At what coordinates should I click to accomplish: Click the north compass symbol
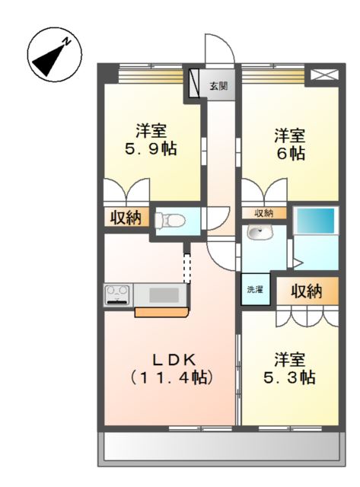[x=55, y=55]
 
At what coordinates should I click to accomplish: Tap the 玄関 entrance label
[x=218, y=86]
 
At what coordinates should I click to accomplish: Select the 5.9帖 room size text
[x=151, y=149]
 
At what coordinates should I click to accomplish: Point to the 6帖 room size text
[x=291, y=153]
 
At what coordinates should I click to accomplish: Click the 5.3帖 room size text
[x=289, y=377]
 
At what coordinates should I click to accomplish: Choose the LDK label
[x=174, y=360]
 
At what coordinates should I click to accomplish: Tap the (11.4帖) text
[x=171, y=377]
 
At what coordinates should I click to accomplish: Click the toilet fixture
[x=170, y=221]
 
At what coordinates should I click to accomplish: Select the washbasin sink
[x=260, y=232]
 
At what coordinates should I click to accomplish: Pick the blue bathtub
[x=316, y=221]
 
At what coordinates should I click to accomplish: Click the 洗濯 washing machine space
[x=255, y=289]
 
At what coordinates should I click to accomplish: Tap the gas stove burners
[x=117, y=294]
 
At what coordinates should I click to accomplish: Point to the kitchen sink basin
[x=164, y=294]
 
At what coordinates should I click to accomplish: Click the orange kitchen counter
[x=161, y=312]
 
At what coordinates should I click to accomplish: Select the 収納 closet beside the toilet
[x=126, y=217]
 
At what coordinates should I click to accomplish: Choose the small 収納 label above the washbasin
[x=263, y=213]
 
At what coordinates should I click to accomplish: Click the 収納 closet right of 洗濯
[x=307, y=291]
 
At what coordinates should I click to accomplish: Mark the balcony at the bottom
[x=221, y=447]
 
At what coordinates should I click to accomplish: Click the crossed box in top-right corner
[x=324, y=75]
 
